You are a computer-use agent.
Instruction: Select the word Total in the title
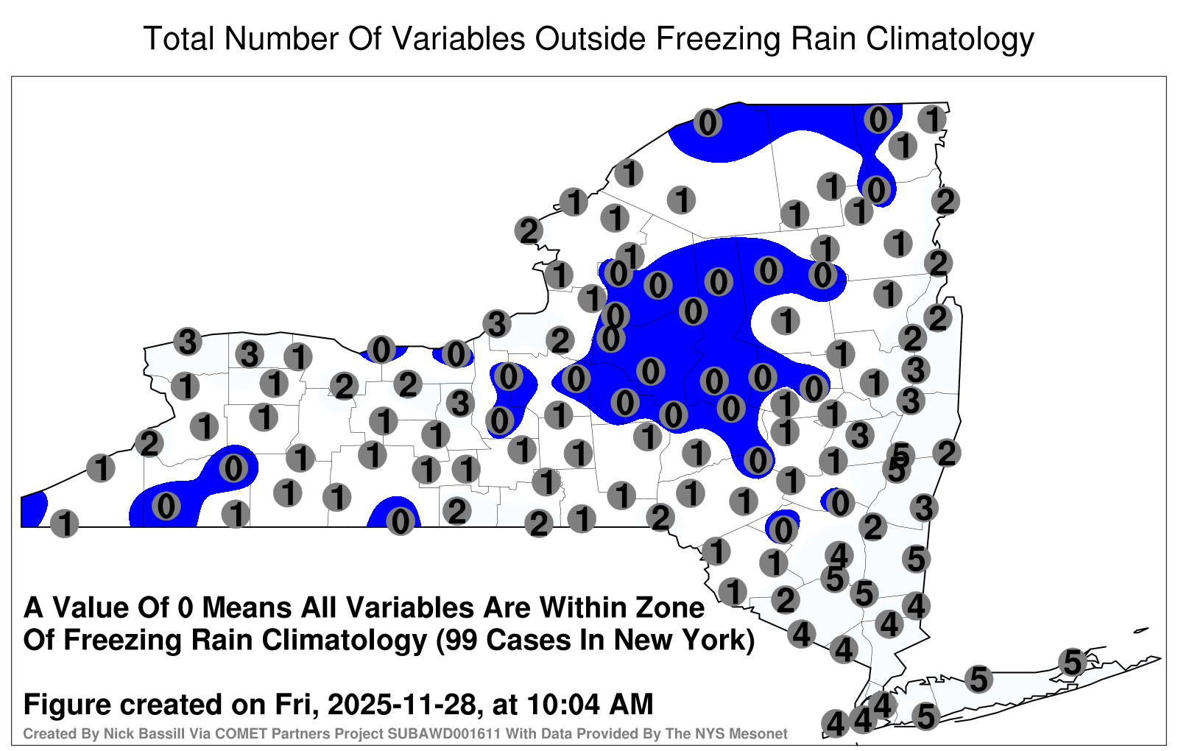coord(179,38)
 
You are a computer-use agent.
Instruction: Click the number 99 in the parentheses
coord(463,641)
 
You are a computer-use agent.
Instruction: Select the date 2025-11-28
coord(402,705)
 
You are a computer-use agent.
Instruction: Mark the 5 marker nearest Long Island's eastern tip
coord(1072,662)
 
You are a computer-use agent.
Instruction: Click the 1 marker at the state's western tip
coord(64,523)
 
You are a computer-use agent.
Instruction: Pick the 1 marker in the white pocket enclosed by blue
coord(786,320)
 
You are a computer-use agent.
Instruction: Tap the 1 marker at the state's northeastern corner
coord(932,119)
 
